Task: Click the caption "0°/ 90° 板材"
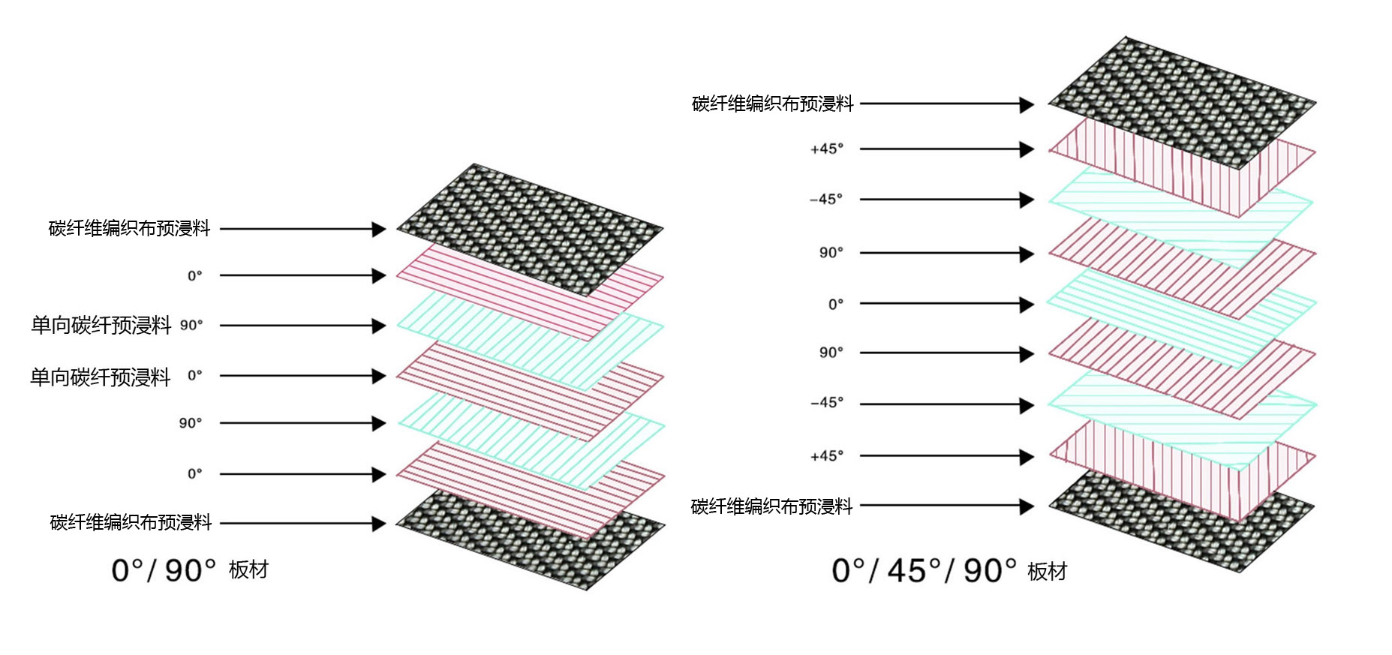tap(190, 570)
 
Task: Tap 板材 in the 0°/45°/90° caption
tap(1048, 572)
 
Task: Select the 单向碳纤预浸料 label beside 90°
tap(101, 325)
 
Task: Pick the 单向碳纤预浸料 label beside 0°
tap(101, 377)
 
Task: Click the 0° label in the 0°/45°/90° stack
tap(836, 304)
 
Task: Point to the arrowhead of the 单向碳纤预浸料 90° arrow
tap(379, 326)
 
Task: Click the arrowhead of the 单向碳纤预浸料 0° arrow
tap(379, 376)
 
